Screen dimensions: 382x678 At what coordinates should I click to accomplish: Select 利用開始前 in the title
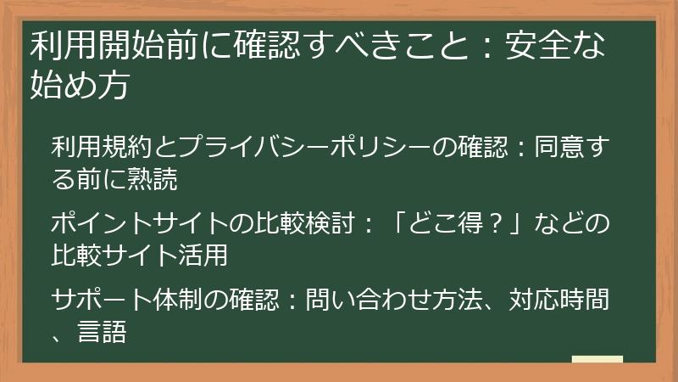[x=106, y=45]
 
